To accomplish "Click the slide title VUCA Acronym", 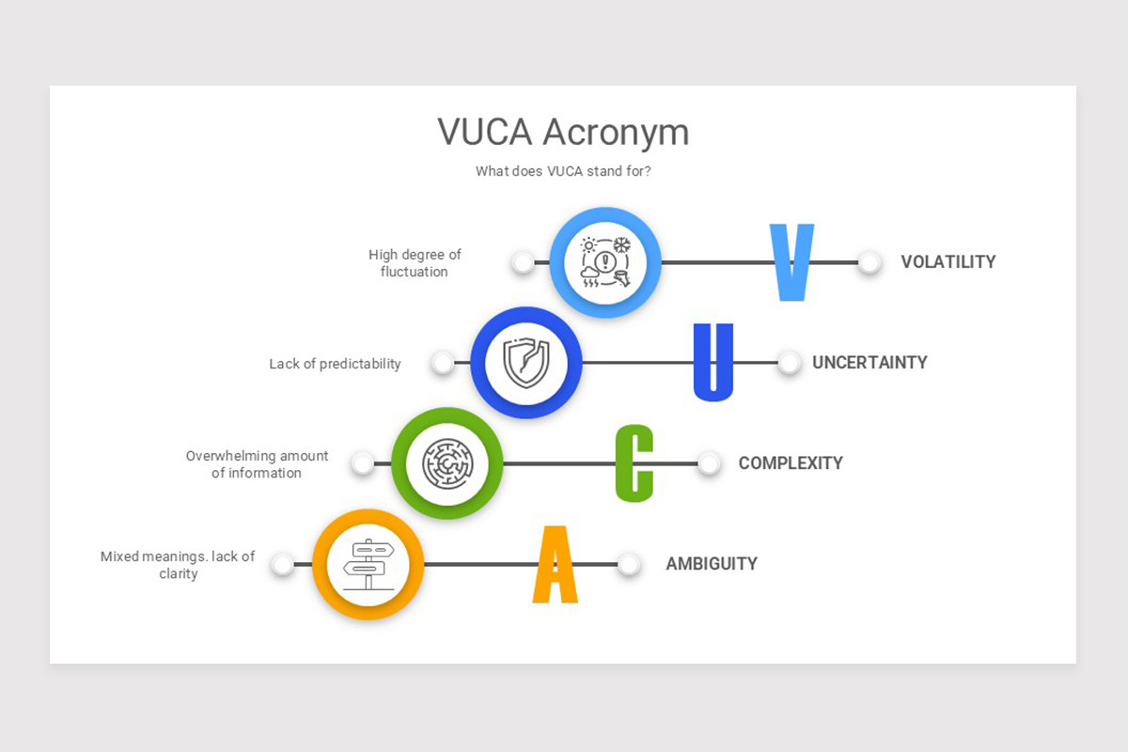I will click(x=563, y=132).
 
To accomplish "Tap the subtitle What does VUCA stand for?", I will click(x=563, y=171).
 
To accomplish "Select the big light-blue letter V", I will click(x=791, y=262).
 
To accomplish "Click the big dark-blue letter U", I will click(x=713, y=362).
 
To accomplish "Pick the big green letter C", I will click(x=634, y=462).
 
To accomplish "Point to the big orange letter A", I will click(x=555, y=564).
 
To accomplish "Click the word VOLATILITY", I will click(x=948, y=262).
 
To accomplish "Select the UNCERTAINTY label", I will click(x=869, y=363).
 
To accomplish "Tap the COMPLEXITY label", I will click(x=791, y=463).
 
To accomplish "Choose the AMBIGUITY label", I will click(x=712, y=564).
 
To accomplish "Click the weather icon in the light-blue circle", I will click(x=605, y=262).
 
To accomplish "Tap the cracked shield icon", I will click(x=525, y=363).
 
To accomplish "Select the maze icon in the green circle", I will click(x=446, y=463).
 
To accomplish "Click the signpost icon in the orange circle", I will click(x=368, y=564).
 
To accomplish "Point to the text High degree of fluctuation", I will click(x=415, y=263).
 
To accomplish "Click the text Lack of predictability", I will click(x=335, y=364).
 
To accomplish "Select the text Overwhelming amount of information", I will click(x=257, y=464).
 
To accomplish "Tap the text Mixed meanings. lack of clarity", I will click(x=178, y=565).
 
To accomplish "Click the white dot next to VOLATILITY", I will click(x=869, y=262).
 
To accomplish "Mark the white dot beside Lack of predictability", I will click(x=443, y=363).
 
